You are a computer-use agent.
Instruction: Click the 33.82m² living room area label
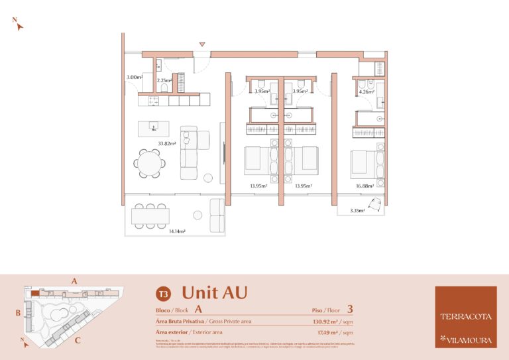tap(166, 143)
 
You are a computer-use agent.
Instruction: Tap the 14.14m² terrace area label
tap(176, 231)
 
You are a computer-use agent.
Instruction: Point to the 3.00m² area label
tap(135, 78)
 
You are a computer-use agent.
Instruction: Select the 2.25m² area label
tap(164, 81)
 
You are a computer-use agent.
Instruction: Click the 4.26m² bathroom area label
tap(365, 92)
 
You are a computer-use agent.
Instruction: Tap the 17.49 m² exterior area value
tap(329, 332)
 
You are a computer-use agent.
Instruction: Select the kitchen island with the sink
tap(154, 127)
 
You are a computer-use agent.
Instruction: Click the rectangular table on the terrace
tap(150, 216)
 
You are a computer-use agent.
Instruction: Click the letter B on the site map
tap(19, 312)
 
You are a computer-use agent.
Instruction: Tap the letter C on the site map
tap(78, 341)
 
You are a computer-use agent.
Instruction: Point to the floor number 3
tap(349, 308)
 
